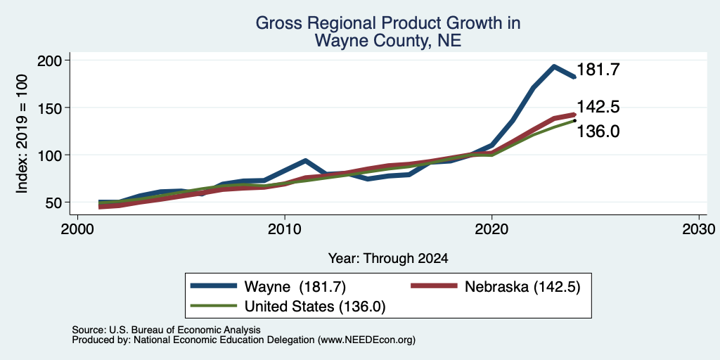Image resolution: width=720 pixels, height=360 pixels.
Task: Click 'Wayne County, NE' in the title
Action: pyautogui.click(x=388, y=41)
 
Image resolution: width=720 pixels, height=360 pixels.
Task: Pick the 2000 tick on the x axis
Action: pyautogui.click(x=77, y=229)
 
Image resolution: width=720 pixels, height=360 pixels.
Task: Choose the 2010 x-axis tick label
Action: pyautogui.click(x=285, y=229)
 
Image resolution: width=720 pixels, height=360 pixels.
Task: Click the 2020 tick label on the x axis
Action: pyautogui.click(x=491, y=229)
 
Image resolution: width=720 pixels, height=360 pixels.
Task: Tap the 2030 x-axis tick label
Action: pyautogui.click(x=699, y=229)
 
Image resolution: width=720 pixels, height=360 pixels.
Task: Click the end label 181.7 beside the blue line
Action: pyautogui.click(x=598, y=70)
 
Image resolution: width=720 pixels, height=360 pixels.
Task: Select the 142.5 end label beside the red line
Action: pyautogui.click(x=598, y=107)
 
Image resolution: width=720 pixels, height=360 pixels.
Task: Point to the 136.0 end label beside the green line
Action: pyautogui.click(x=598, y=131)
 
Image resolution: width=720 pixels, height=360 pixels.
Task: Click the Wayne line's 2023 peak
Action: pyautogui.click(x=554, y=67)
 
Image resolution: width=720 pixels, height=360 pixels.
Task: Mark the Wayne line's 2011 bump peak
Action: pyautogui.click(x=305, y=161)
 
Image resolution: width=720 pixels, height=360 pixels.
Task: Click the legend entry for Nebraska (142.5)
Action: pyautogui.click(x=496, y=287)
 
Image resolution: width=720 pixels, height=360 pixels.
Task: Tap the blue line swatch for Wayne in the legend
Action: pyautogui.click(x=214, y=286)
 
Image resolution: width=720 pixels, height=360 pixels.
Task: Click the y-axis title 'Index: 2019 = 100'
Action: pyautogui.click(x=22, y=134)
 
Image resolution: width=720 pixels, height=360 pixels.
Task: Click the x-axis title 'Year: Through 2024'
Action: pyautogui.click(x=388, y=259)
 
